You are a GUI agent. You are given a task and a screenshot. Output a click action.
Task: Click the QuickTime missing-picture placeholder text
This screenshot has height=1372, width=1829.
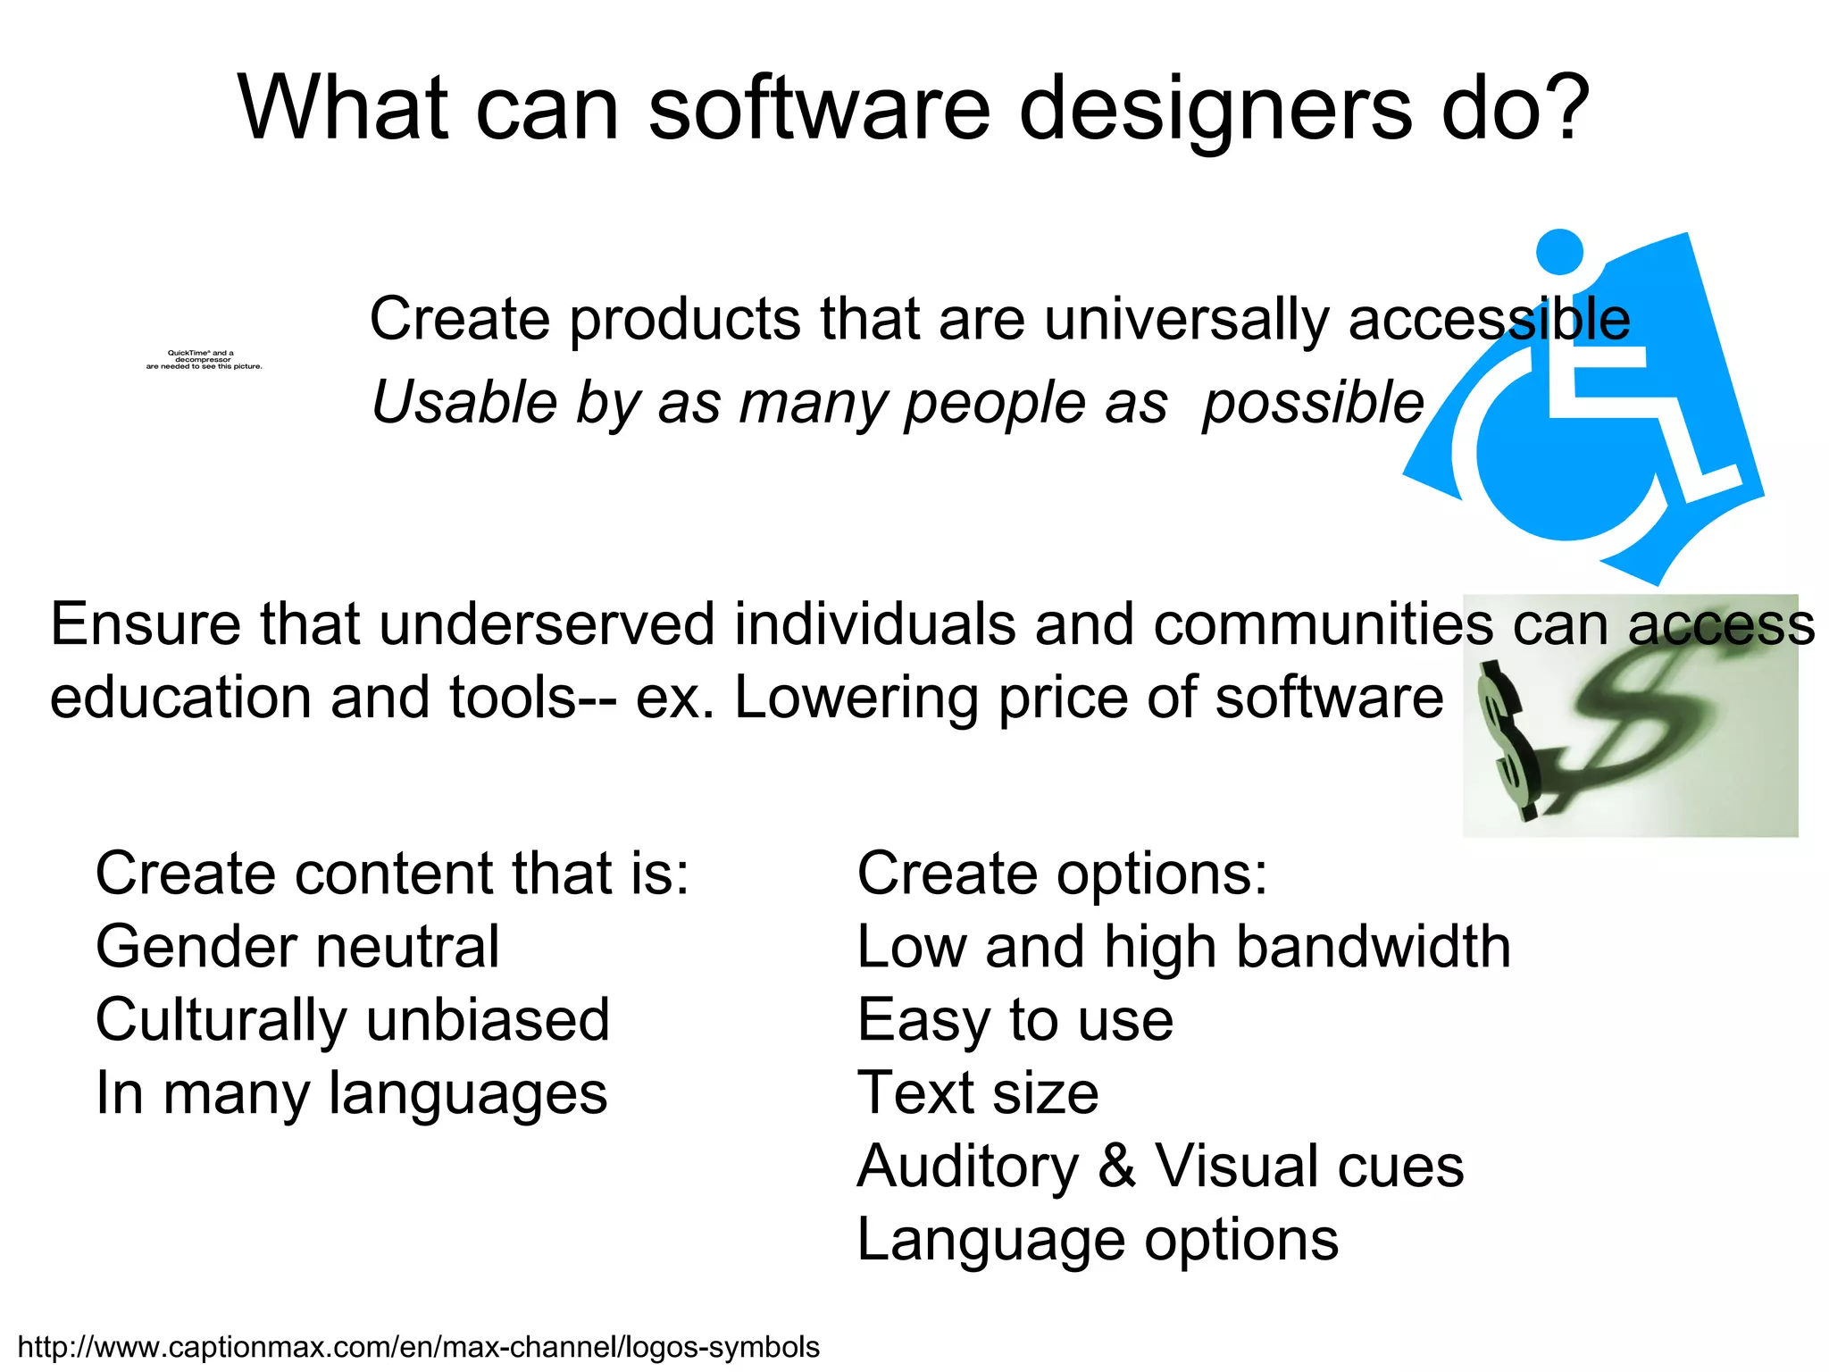[x=204, y=359]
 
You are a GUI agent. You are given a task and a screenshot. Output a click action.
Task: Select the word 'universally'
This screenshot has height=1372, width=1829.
[x=1186, y=319]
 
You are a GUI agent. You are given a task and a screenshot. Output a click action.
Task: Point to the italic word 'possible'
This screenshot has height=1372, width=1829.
[x=1312, y=403]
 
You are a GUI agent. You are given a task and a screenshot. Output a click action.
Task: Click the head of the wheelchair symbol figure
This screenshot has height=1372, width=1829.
[x=1559, y=252]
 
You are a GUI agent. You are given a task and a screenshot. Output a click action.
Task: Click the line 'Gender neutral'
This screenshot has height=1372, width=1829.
[x=297, y=947]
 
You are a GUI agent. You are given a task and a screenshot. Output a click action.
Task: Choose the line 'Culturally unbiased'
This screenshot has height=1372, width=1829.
[x=353, y=1020]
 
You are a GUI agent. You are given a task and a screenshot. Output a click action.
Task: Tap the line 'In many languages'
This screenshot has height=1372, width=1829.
[x=351, y=1093]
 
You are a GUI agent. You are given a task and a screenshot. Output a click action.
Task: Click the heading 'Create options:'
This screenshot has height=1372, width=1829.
[x=1062, y=874]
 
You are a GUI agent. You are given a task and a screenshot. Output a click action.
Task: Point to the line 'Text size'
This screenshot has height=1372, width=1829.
[x=978, y=1093]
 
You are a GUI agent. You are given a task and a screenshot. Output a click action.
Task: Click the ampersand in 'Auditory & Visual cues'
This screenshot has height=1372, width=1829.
[x=1117, y=1167]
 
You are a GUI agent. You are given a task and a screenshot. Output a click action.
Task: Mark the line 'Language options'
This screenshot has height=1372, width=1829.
[x=1098, y=1240]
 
